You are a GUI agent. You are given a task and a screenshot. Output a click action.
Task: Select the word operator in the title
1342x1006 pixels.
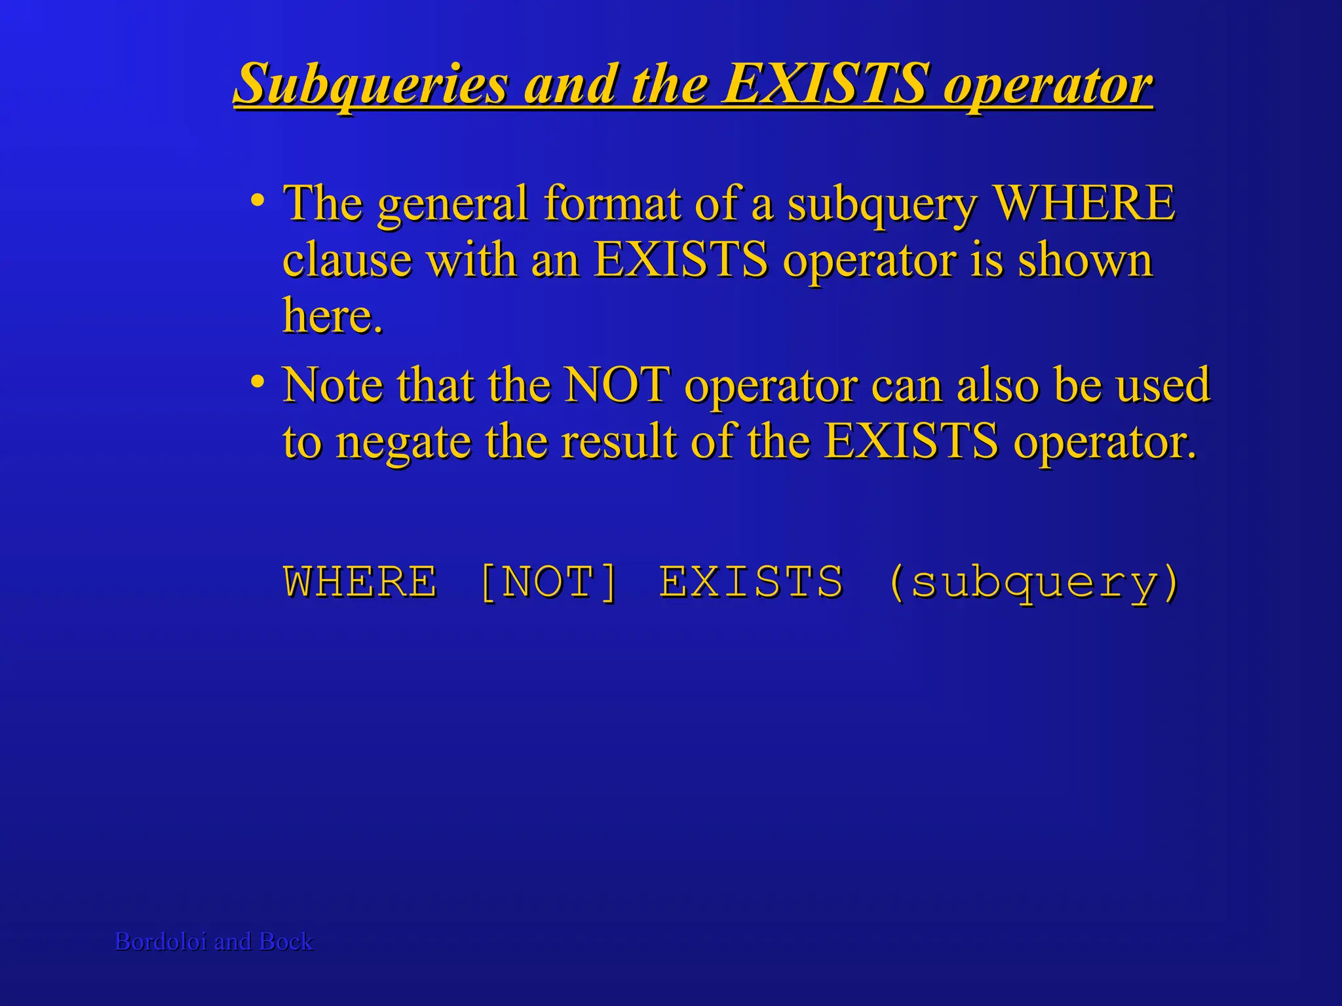[x=1048, y=85]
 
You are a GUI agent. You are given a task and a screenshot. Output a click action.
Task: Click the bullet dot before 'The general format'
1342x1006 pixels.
[x=258, y=198]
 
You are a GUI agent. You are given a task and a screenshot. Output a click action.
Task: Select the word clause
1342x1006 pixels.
[x=347, y=260]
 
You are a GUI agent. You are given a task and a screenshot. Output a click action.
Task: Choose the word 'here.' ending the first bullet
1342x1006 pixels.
[x=332, y=316]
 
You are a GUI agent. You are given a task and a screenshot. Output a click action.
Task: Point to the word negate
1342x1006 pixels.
[x=403, y=442]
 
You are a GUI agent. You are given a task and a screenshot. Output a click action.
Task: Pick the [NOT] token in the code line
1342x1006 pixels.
[x=548, y=582]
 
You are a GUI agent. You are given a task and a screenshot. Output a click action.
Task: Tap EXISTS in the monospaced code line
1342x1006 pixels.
[x=752, y=582]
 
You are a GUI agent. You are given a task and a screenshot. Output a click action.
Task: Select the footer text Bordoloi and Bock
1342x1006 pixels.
[x=214, y=942]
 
